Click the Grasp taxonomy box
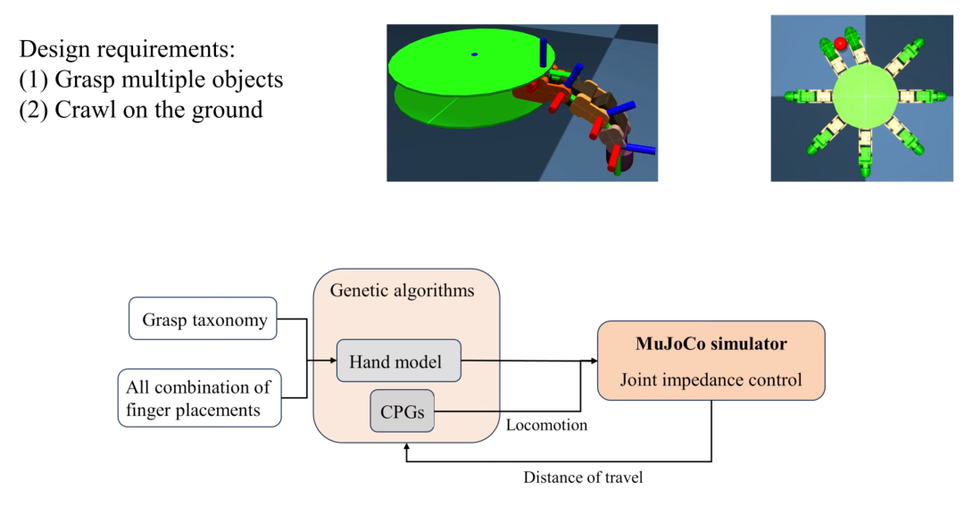tap(204, 319)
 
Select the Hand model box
tap(398, 361)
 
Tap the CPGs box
tap(402, 411)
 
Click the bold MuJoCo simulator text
tap(711, 344)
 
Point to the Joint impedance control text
tap(711, 380)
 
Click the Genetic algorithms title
tap(402, 291)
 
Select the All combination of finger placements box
tap(199, 398)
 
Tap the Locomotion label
tap(546, 426)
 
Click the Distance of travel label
tap(582, 477)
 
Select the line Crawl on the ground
tap(158, 110)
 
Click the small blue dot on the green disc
tap(474, 54)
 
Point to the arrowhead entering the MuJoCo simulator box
tap(592, 361)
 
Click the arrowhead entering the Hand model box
tap(331, 361)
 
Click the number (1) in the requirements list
tap(34, 79)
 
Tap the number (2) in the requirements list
tap(34, 110)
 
